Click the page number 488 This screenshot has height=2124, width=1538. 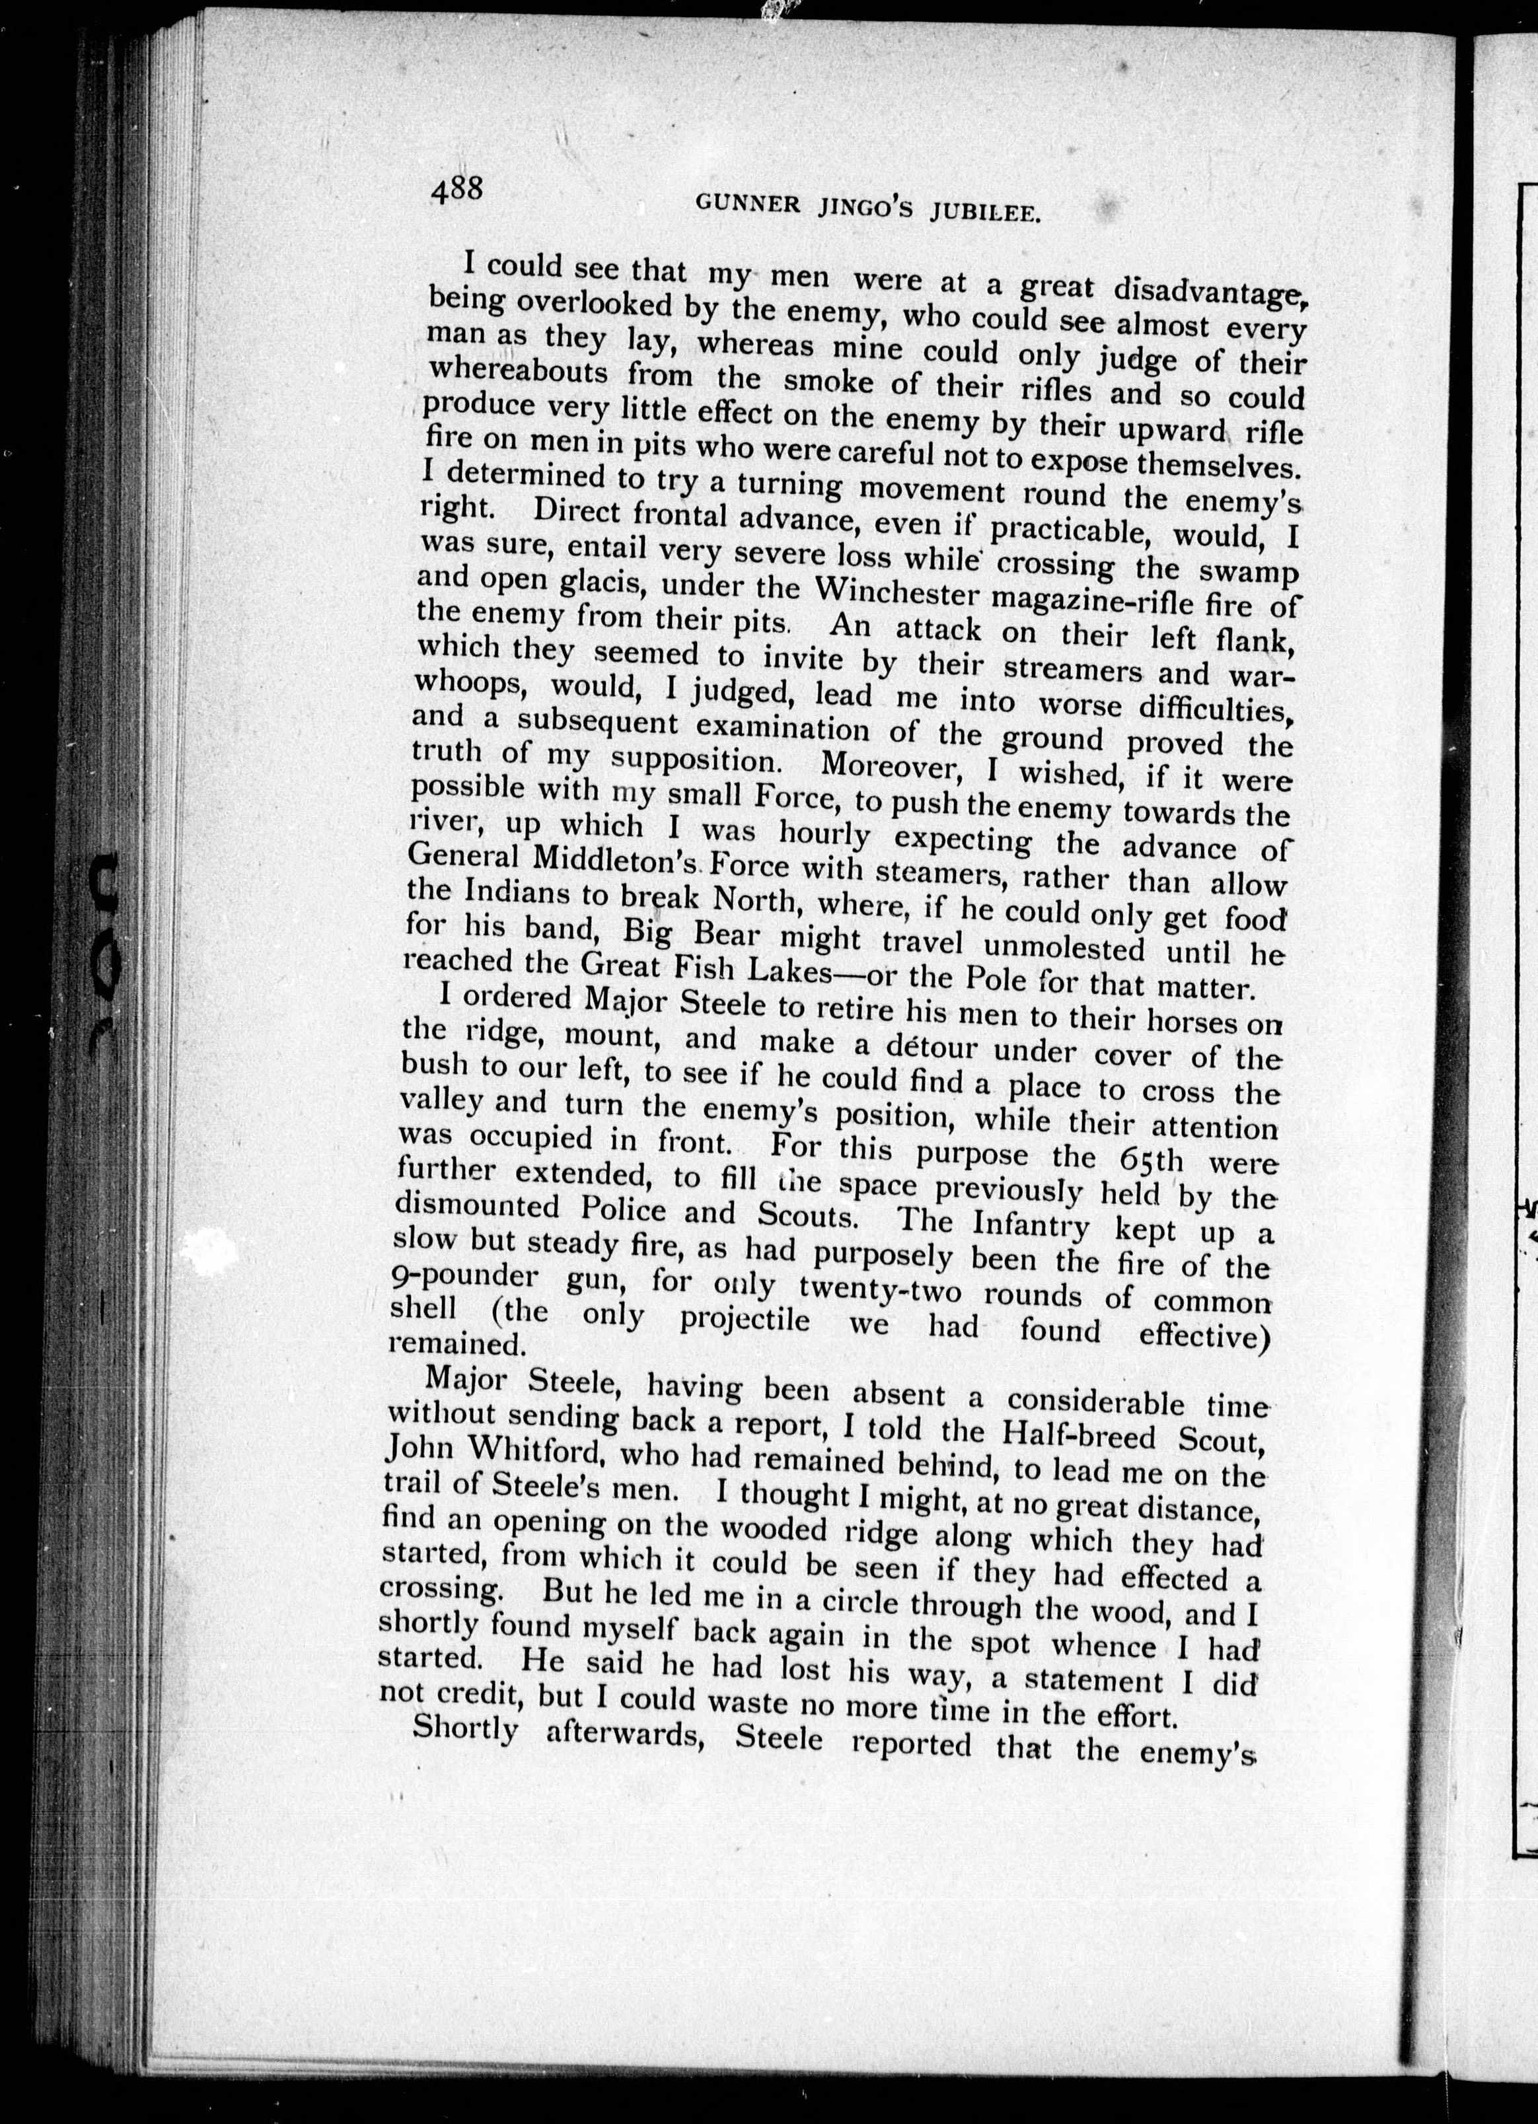click(x=456, y=191)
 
